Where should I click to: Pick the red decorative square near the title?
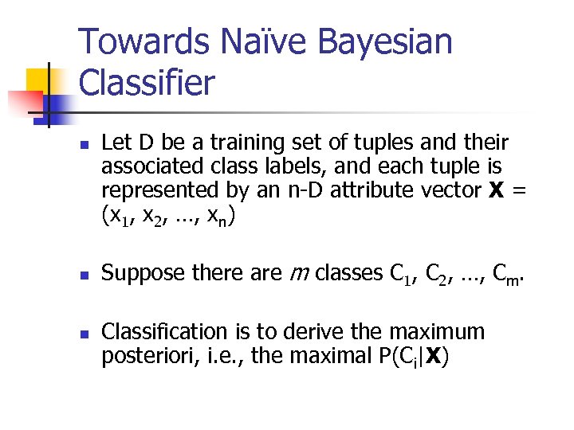(x=24, y=102)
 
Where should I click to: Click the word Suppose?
(x=144, y=273)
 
